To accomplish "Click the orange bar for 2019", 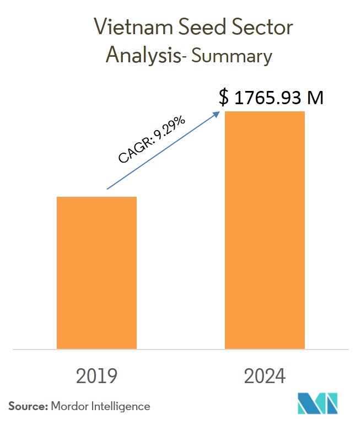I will click(x=96, y=272).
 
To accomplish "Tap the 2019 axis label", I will click(x=96, y=376).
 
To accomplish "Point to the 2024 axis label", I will click(x=265, y=376).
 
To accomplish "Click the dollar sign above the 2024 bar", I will click(x=224, y=98).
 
